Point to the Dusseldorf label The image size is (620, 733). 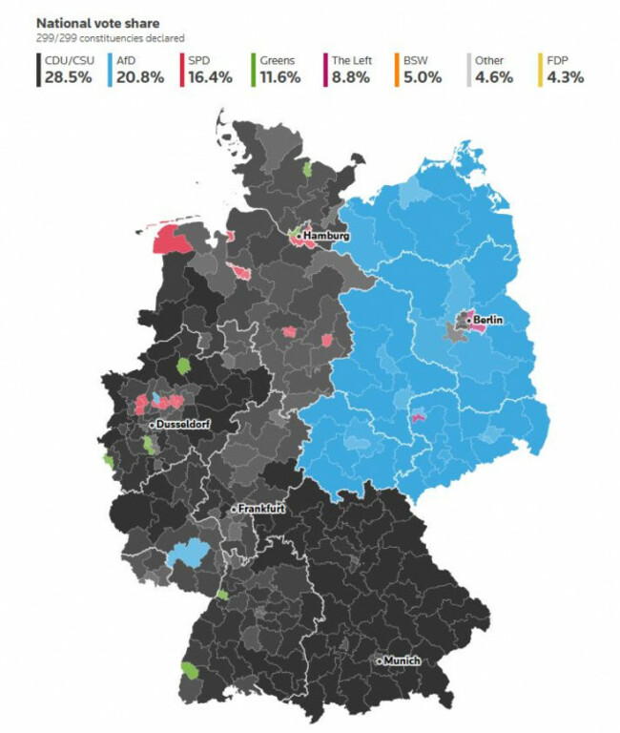[x=183, y=423]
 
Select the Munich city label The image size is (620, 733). [x=402, y=660]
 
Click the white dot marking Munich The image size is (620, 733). [x=379, y=660]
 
